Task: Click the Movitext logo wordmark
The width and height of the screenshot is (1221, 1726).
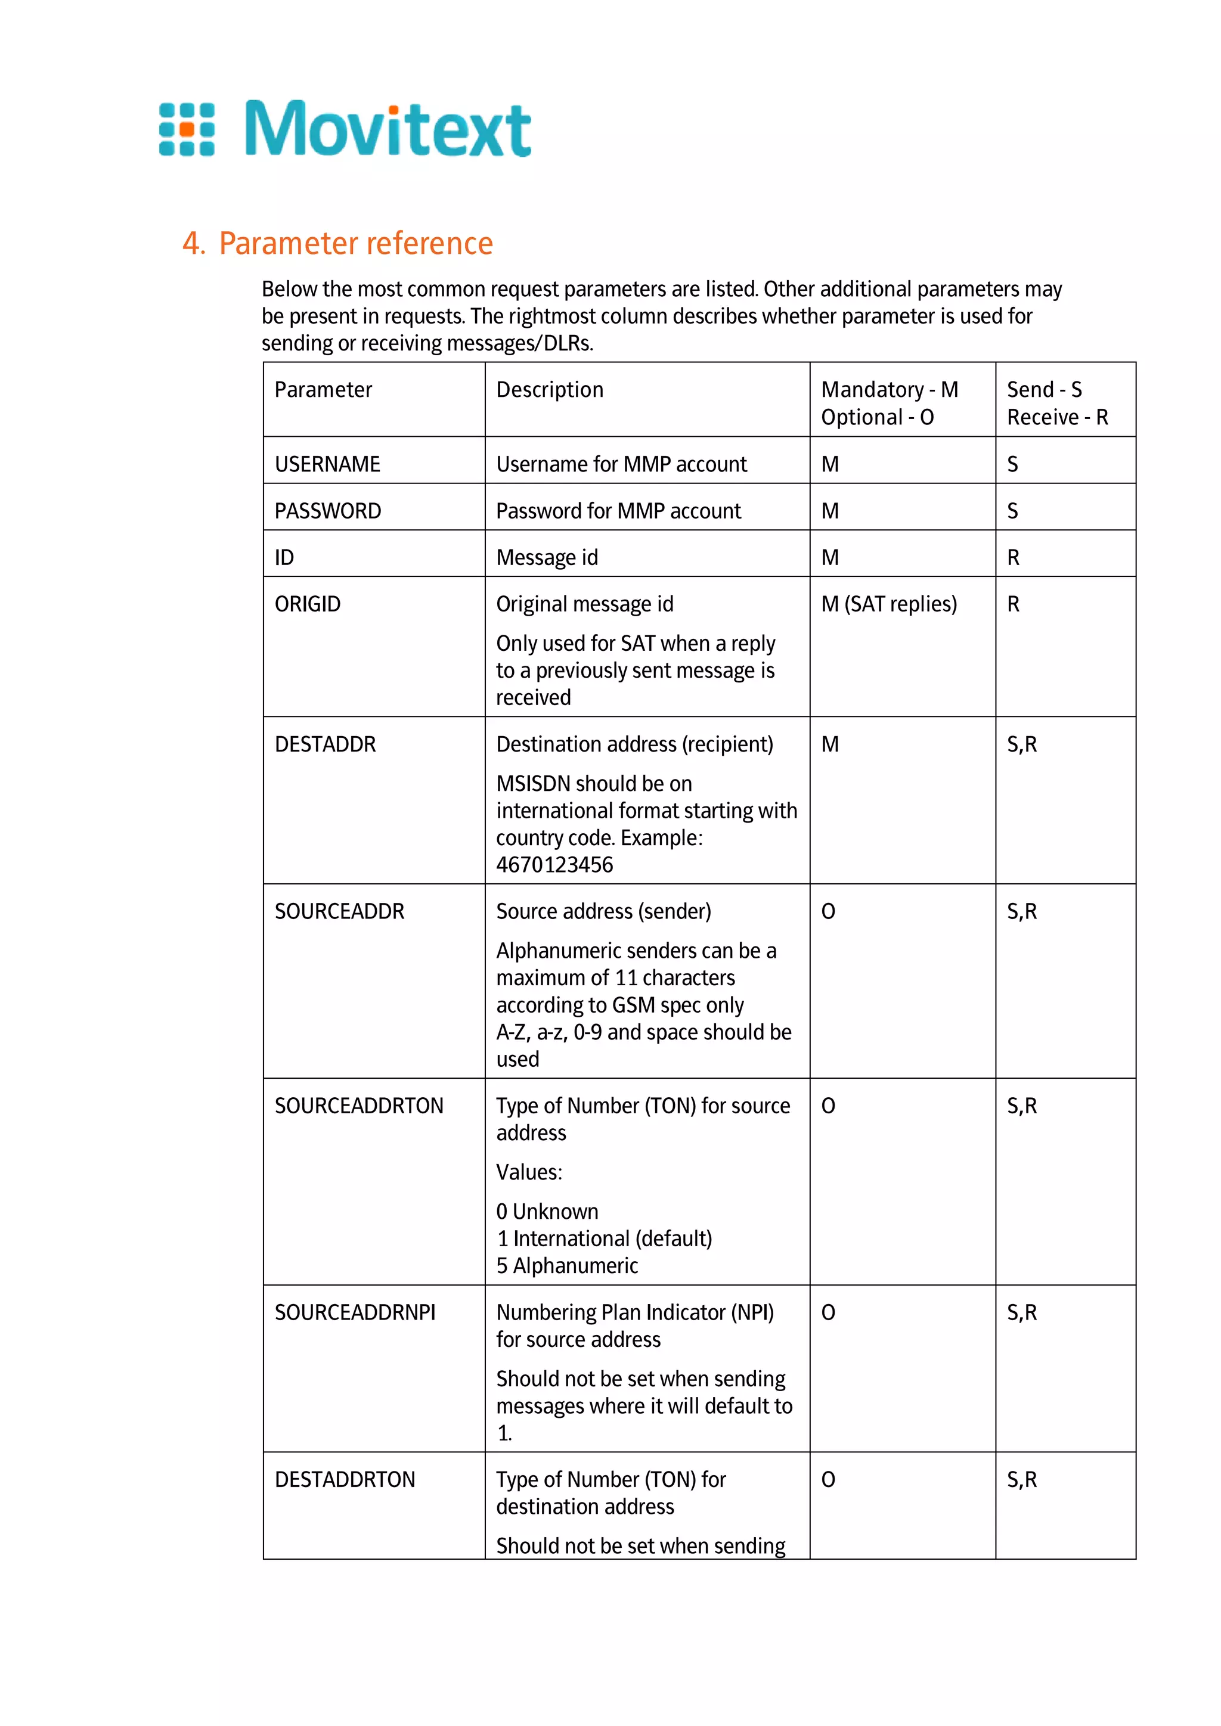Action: click(388, 129)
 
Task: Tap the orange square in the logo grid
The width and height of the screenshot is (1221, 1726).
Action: click(187, 129)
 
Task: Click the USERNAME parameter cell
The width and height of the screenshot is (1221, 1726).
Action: click(327, 464)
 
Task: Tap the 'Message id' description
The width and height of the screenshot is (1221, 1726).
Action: click(547, 557)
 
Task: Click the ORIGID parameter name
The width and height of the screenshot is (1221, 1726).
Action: click(308, 604)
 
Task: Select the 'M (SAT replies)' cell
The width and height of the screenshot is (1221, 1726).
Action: click(889, 604)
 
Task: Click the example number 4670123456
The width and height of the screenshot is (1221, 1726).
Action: click(554, 865)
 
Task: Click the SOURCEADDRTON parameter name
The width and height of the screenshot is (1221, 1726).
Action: click(359, 1105)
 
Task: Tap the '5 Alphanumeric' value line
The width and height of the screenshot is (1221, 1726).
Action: click(567, 1265)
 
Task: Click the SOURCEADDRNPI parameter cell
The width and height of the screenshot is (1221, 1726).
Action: click(355, 1312)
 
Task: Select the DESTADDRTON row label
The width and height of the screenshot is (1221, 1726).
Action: click(345, 1479)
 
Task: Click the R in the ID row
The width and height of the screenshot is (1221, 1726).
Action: click(1013, 557)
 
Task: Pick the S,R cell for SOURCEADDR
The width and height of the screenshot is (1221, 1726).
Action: click(1022, 911)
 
